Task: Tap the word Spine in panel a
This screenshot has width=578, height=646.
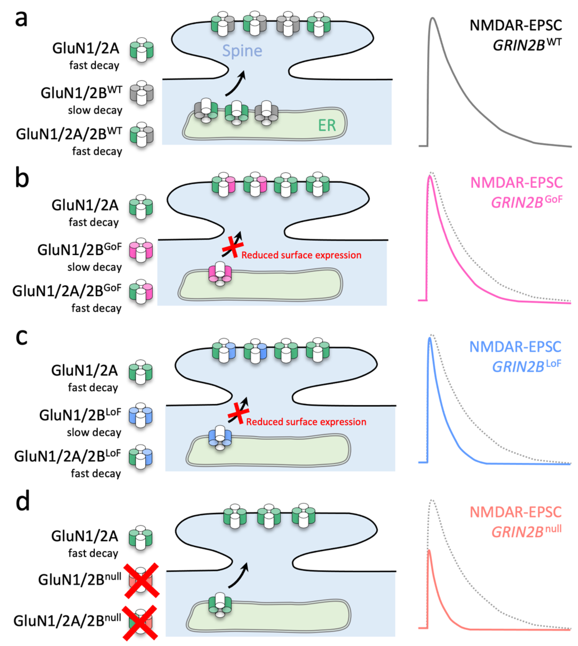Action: (242, 51)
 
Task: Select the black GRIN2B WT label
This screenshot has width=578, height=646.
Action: (527, 44)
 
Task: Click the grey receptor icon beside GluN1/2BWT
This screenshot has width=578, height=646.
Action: (142, 93)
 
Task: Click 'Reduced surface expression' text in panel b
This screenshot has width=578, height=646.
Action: (301, 255)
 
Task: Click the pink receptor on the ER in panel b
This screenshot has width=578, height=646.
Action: (220, 274)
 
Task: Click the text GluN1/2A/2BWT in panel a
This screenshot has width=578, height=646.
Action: (69, 134)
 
